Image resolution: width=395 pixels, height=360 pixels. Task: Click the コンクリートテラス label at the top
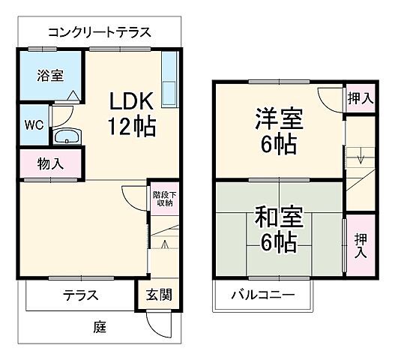click(x=99, y=32)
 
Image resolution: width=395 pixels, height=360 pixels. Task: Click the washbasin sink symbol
click(x=67, y=137)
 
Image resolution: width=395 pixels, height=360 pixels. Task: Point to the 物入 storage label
click(x=50, y=164)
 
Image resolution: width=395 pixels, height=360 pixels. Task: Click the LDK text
click(x=133, y=100)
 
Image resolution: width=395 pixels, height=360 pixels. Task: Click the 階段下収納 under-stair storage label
click(x=163, y=198)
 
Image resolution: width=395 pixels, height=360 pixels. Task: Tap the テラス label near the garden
click(x=80, y=295)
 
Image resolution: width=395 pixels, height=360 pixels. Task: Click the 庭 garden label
click(x=100, y=327)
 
